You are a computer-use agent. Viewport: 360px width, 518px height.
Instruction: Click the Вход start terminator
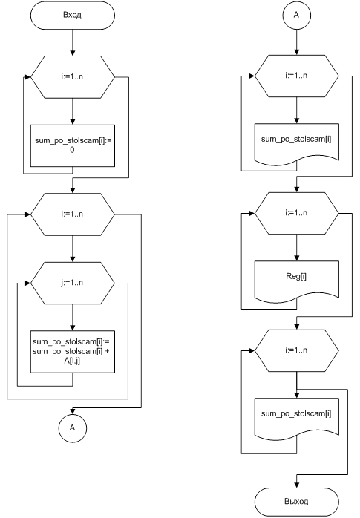(x=72, y=15)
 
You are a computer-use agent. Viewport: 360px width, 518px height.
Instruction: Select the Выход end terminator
(x=297, y=502)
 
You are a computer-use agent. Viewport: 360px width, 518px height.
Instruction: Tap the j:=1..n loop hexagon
(x=72, y=283)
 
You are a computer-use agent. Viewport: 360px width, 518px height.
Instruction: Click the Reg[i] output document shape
(x=297, y=281)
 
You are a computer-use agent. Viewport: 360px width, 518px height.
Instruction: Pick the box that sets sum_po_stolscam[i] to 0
(x=73, y=145)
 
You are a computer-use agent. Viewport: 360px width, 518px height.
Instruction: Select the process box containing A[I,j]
(x=73, y=352)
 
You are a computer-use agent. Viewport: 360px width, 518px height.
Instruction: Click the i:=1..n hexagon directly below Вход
(x=72, y=77)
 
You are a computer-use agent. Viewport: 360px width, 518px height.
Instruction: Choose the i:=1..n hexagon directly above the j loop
(x=72, y=214)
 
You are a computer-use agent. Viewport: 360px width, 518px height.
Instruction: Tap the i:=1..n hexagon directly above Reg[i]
(x=297, y=213)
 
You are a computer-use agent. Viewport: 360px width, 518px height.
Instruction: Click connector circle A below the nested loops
(x=72, y=428)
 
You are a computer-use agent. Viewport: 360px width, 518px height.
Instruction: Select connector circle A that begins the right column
(x=297, y=15)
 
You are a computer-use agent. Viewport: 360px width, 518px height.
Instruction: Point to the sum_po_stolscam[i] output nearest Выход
(x=297, y=419)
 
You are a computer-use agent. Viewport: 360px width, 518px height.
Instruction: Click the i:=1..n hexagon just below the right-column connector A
(x=297, y=76)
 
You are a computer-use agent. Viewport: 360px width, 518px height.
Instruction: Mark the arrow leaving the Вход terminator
(x=72, y=42)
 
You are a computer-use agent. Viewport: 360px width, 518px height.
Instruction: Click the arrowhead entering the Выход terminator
(x=297, y=485)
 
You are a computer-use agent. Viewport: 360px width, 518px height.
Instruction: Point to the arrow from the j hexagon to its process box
(x=73, y=317)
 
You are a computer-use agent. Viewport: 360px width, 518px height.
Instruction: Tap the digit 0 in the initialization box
(x=72, y=150)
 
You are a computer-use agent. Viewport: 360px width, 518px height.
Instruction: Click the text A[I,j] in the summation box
(x=72, y=361)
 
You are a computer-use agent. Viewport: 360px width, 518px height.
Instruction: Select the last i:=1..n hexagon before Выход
(x=297, y=350)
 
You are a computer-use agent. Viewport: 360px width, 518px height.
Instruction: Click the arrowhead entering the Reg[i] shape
(x=297, y=258)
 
